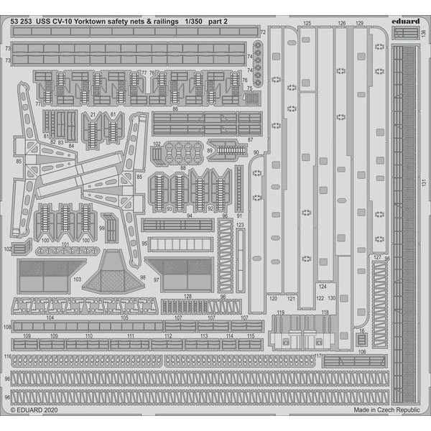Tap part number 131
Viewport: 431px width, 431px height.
point(424,183)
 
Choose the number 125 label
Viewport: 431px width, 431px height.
point(308,24)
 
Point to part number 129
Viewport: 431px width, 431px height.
point(359,24)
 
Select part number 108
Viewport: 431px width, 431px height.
point(7,327)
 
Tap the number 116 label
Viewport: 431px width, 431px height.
point(7,356)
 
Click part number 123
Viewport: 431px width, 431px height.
point(240,225)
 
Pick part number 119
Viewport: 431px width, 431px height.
point(280,312)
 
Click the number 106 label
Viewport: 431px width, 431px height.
point(362,351)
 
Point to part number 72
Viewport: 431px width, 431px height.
point(263,32)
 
